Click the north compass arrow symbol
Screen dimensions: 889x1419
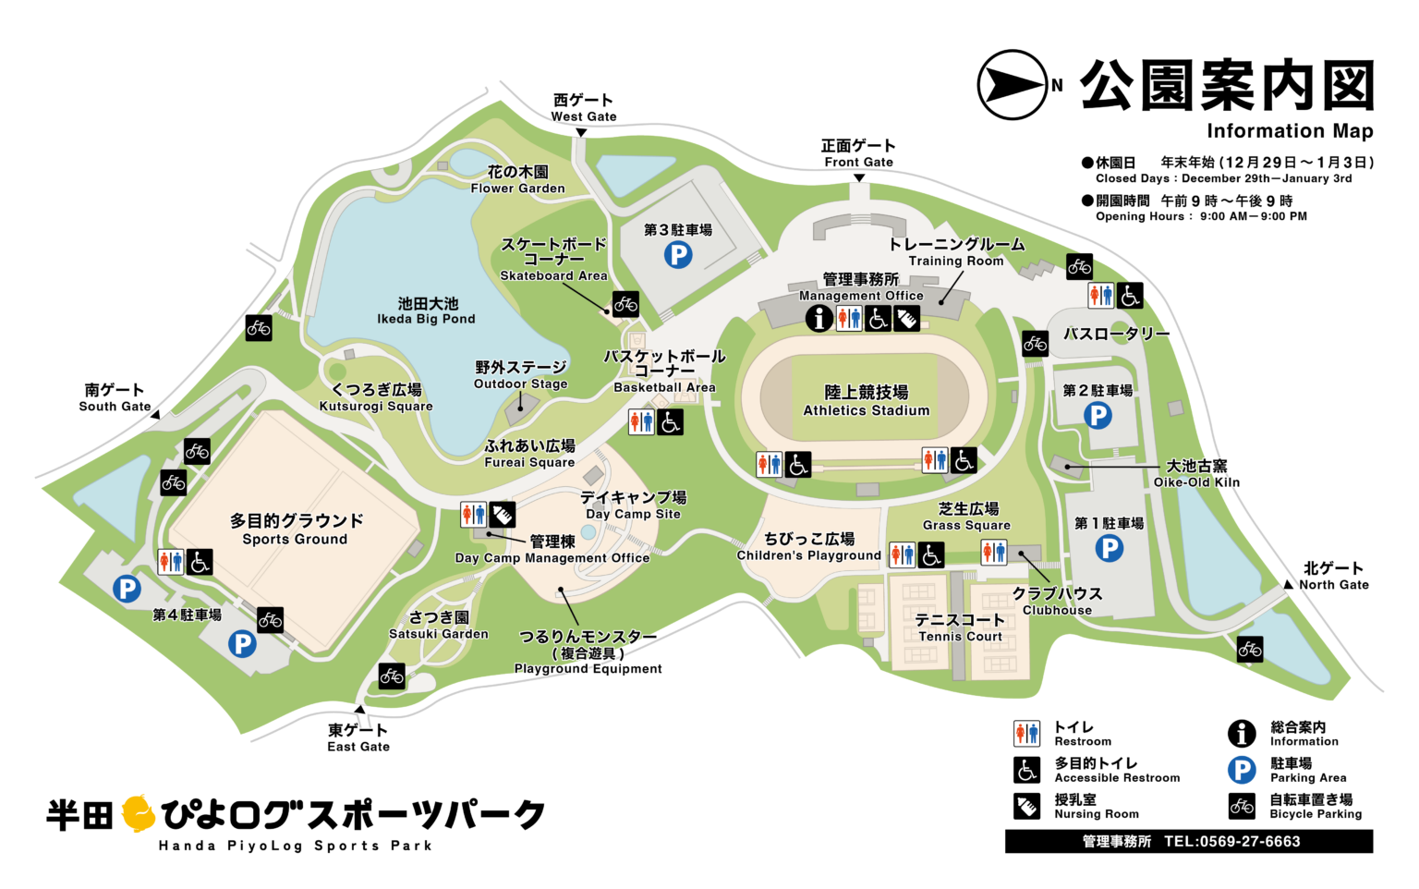coord(1013,85)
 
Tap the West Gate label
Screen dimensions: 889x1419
coord(583,107)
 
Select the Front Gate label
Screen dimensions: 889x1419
coord(858,152)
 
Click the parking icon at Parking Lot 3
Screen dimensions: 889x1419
coord(678,254)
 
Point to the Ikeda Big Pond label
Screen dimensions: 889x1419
coord(427,311)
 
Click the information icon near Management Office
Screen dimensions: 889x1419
coord(819,318)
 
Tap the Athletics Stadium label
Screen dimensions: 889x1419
coord(866,401)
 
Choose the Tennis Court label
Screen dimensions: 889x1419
coord(960,627)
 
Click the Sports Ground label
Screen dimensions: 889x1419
coord(296,529)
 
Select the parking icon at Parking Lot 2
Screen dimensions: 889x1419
coord(1098,416)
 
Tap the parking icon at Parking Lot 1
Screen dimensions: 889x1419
coord(1109,549)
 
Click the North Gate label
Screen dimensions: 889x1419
coord(1333,576)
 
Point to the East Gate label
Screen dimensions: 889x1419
coord(358,737)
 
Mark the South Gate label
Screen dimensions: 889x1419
coord(115,397)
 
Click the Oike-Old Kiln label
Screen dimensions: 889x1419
coord(1196,473)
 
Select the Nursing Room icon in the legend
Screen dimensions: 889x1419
coord(1026,806)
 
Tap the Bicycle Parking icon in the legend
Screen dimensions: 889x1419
coord(1242,806)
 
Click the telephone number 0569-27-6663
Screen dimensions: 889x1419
coord(1231,841)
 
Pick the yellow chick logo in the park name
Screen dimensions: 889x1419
coord(139,813)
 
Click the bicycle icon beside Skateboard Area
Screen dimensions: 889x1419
coord(625,303)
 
